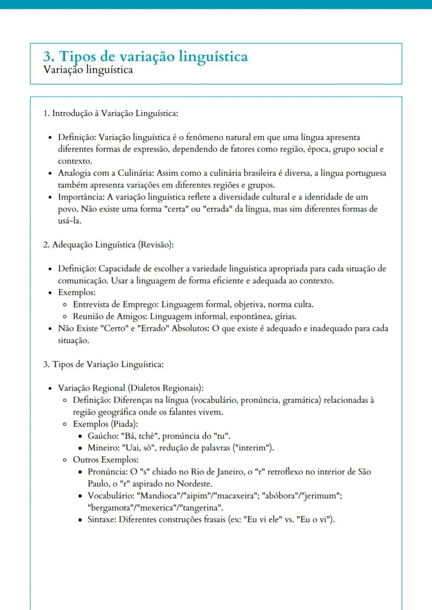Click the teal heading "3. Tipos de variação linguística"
pos(145,56)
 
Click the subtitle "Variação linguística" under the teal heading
pos(88,70)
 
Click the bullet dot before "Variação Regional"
pos(50,389)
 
